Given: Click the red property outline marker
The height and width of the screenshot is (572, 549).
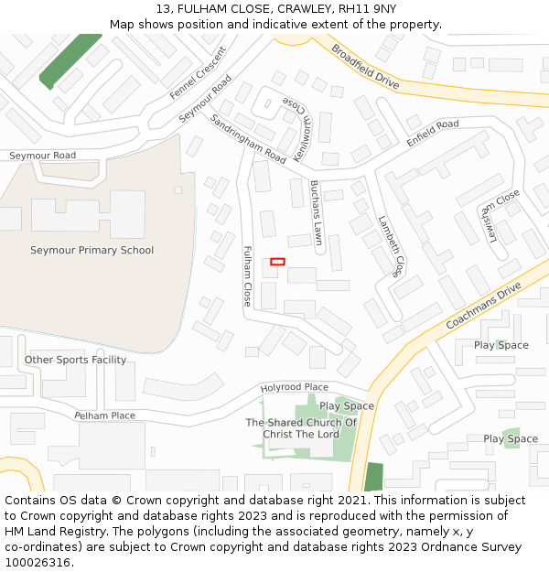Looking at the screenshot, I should pos(277,262).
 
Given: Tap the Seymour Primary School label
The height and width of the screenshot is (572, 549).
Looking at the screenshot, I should pos(91,250).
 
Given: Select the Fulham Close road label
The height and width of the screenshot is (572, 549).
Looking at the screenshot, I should pos(247,275).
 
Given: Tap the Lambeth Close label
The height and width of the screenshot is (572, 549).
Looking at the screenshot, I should pos(390,245).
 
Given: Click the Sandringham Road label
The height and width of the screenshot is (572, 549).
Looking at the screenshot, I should pos(248,139).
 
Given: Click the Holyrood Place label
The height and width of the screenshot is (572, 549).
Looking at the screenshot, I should pos(294,388).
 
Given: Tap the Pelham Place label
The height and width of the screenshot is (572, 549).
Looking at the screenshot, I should pos(104,416).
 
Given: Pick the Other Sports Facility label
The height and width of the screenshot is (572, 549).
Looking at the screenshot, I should pos(75,360).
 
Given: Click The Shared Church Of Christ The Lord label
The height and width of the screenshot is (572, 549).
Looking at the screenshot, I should pos(301,428).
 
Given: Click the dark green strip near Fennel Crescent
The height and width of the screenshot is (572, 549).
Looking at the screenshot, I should pos(70,59).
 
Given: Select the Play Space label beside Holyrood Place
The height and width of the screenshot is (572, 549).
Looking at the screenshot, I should pos(346,405).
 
